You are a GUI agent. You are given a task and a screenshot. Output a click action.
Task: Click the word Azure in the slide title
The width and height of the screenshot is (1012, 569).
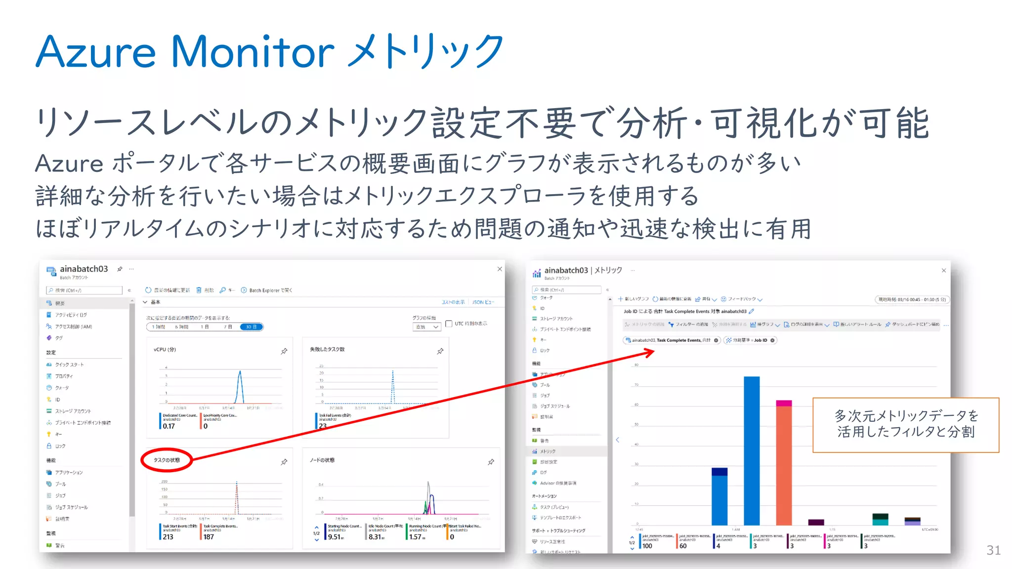point(96,52)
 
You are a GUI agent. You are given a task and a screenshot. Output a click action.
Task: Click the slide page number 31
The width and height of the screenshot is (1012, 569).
point(993,550)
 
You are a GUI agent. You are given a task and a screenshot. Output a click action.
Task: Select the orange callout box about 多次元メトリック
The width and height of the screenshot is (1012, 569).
point(905,425)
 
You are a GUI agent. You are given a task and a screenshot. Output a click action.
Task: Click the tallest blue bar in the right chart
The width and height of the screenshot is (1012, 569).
point(752,449)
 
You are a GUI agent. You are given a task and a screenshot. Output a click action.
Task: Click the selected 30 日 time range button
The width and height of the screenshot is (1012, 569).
point(251,327)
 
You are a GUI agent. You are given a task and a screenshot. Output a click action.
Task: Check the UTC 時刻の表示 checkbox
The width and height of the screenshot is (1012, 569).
point(449,324)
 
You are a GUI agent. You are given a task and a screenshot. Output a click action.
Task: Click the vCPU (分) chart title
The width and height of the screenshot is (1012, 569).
point(165,350)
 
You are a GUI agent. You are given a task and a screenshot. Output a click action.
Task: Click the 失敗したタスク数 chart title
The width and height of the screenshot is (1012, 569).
point(327,349)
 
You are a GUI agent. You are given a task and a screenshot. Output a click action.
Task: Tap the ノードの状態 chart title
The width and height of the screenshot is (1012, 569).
point(322,460)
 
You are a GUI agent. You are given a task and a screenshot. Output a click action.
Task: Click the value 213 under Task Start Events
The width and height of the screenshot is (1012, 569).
point(168,537)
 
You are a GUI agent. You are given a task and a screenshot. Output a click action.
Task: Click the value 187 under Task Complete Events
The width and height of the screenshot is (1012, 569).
point(209,537)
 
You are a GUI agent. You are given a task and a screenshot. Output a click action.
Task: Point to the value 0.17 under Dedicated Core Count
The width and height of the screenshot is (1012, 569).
point(169,426)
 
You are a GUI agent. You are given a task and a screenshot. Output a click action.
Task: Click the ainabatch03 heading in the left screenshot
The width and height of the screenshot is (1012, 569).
point(84,269)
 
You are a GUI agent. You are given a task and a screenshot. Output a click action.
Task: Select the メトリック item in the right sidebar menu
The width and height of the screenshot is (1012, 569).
point(548,451)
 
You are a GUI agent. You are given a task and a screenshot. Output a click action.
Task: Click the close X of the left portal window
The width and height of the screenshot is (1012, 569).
point(500,269)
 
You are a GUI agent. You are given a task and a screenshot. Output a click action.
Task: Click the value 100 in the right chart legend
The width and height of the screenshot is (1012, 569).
point(647,546)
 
